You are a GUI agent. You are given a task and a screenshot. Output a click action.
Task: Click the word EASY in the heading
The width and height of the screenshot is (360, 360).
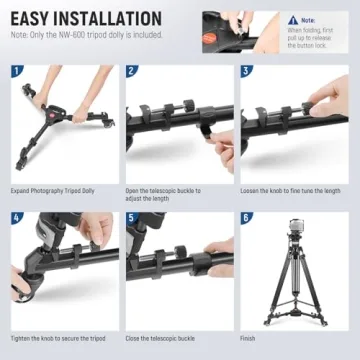point(36,19)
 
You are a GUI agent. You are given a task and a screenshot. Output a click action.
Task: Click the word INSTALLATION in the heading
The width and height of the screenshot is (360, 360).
point(113,19)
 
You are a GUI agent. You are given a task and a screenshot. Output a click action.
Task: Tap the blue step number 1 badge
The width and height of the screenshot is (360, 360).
point(17,72)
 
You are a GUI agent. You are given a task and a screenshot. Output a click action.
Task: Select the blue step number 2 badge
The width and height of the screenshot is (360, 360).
point(132,72)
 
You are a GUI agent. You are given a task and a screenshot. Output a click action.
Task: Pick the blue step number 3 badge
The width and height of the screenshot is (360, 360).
point(247,72)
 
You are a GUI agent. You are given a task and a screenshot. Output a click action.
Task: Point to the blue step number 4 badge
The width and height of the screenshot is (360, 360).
point(17,217)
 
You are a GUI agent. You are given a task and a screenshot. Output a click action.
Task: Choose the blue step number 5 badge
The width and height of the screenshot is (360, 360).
point(132,217)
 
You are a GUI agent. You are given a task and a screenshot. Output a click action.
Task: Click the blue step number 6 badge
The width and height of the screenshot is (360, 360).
point(247,217)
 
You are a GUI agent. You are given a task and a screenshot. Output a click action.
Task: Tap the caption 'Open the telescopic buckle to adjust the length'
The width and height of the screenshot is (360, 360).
point(164,194)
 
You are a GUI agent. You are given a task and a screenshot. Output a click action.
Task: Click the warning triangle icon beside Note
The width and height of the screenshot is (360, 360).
point(294,19)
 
